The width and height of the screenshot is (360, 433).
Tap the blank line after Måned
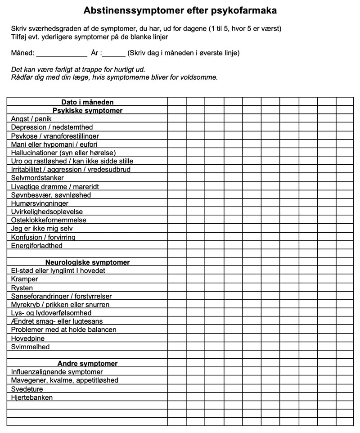61,53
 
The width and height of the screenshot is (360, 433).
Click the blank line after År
114,53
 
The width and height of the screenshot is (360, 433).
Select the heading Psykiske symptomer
87,110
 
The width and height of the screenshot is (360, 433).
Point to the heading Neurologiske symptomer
87,262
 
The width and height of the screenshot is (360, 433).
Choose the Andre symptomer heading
87,363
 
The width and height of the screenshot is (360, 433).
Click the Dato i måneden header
87,102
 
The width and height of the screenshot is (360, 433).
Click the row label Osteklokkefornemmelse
49,220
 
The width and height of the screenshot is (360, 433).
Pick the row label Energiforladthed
37,246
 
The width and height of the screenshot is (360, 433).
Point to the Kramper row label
25,279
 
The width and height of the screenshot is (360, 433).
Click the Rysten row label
22,288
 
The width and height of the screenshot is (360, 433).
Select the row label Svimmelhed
31,347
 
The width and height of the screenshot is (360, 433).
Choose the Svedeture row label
27,389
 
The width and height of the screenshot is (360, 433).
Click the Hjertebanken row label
32,397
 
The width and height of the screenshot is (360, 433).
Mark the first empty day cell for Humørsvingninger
177,203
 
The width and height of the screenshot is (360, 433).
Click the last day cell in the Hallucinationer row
345,153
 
